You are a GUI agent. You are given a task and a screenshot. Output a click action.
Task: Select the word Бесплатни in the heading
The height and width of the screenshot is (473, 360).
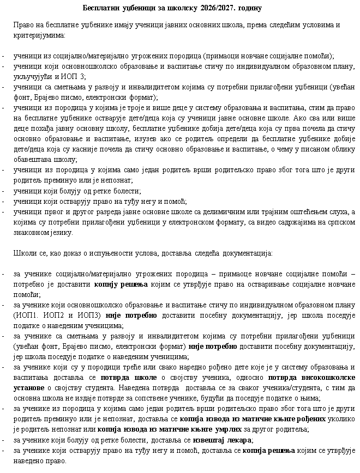pyautogui.click(x=101, y=8)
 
